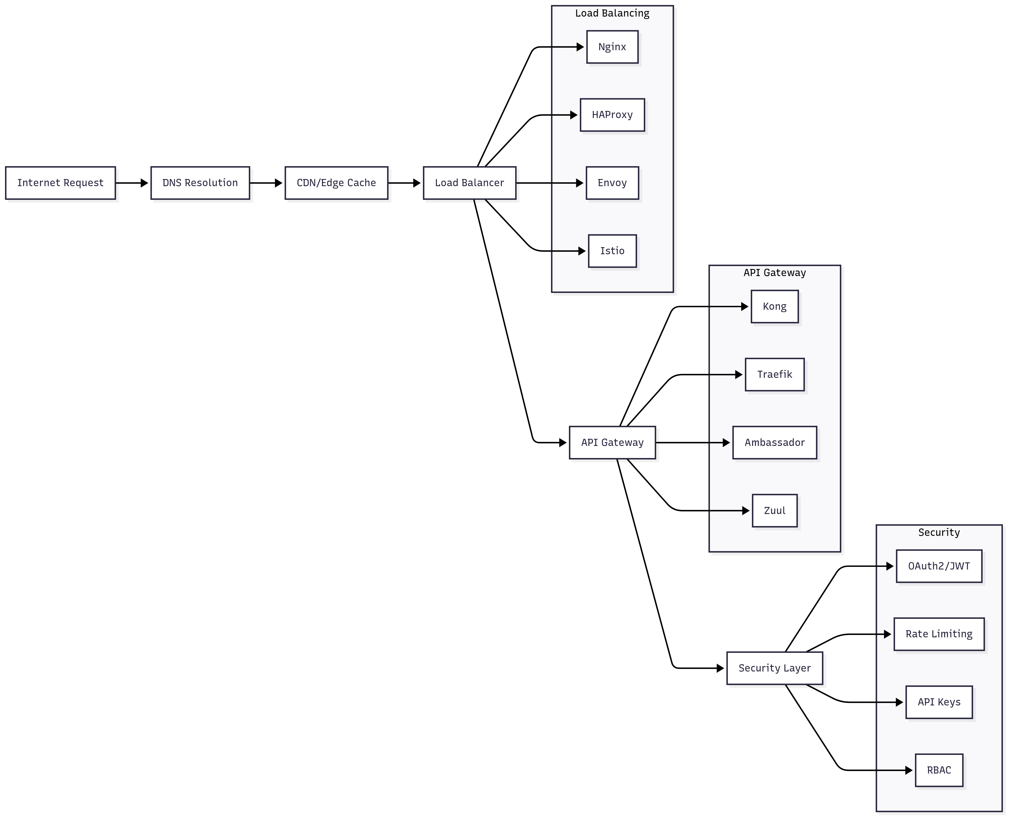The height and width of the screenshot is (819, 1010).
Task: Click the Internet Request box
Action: pyautogui.click(x=60, y=183)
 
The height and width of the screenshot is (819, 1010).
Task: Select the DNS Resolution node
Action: pyautogui.click(x=200, y=183)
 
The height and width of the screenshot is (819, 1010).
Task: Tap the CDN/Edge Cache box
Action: pyautogui.click(x=336, y=183)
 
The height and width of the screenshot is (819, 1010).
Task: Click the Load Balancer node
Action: pyautogui.click(x=469, y=183)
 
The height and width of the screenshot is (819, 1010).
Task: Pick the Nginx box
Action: pyautogui.click(x=612, y=47)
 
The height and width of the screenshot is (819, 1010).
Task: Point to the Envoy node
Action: pyautogui.click(x=612, y=183)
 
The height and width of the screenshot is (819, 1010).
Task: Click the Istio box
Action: pyautogui.click(x=612, y=251)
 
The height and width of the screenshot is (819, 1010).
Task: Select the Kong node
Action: pyautogui.click(x=775, y=307)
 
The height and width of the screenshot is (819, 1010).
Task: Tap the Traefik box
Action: pyautogui.click(x=775, y=375)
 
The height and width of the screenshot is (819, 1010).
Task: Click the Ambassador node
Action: pyautogui.click(x=775, y=442)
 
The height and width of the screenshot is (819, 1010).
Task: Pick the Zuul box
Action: pyautogui.click(x=775, y=510)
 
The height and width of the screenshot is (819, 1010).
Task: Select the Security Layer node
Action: pyautogui.click(x=775, y=668)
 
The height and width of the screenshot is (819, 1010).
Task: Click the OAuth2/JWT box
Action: pyautogui.click(x=939, y=566)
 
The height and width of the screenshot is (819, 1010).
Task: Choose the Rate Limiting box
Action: pyautogui.click(x=939, y=634)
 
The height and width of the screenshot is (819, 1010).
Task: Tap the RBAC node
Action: pyautogui.click(x=939, y=770)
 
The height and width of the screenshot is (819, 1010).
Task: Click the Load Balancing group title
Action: pyautogui.click(x=612, y=13)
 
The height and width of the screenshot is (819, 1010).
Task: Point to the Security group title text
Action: pyautogui.click(x=939, y=532)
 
